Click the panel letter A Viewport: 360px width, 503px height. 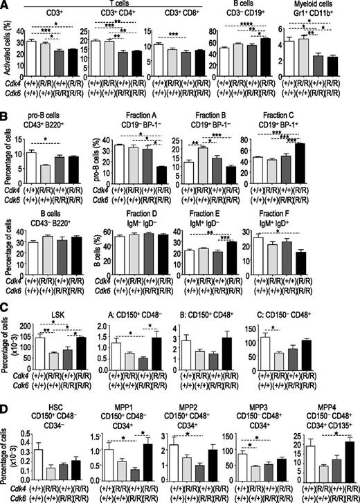click(x=6, y=6)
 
